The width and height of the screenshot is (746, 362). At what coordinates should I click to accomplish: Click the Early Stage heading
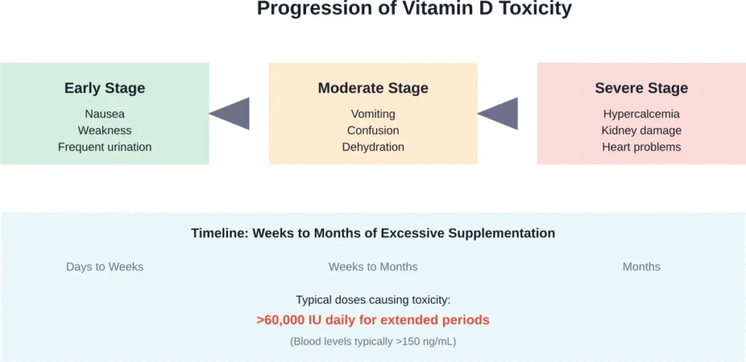tap(104, 88)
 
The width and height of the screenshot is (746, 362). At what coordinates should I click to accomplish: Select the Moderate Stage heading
tap(373, 88)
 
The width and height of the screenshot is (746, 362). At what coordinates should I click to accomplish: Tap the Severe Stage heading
tap(641, 88)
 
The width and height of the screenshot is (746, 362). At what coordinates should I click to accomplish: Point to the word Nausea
tap(104, 114)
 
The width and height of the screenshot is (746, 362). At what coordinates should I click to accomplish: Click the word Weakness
tap(104, 130)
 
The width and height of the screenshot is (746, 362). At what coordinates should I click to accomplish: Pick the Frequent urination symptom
tap(104, 147)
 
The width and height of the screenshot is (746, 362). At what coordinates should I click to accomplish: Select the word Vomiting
tap(373, 114)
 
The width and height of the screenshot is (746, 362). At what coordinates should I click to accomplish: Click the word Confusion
tap(373, 130)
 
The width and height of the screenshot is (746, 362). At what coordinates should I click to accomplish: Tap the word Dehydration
tap(373, 147)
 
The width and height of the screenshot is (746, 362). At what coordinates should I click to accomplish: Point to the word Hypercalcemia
tap(641, 114)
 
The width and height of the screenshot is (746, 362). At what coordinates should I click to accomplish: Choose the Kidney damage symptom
tap(641, 130)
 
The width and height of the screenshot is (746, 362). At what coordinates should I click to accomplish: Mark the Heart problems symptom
tap(641, 147)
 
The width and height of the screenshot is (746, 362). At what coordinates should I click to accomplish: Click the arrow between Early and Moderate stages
tap(232, 114)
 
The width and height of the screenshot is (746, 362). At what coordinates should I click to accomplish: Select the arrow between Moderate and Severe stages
tap(500, 114)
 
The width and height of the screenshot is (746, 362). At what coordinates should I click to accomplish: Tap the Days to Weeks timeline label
tap(104, 267)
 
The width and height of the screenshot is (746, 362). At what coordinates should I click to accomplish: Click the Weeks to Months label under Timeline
tap(373, 267)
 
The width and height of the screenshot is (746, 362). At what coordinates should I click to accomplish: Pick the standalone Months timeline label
tap(641, 267)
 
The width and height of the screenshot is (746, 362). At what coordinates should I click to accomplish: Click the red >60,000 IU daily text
tap(373, 320)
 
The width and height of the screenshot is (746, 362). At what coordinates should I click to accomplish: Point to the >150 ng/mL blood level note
tap(373, 341)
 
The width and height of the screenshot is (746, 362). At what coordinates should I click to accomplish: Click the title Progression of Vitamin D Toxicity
tap(415, 9)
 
